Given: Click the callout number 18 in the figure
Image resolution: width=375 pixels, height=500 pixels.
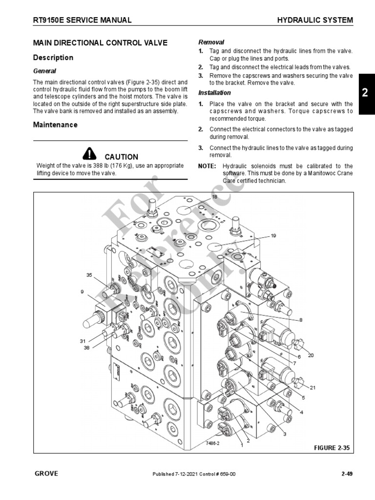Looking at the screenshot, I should (214, 196).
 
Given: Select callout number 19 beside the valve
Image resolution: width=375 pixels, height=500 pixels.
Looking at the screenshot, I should (273, 235).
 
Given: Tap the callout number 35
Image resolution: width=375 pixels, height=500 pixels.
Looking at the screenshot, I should (89, 275).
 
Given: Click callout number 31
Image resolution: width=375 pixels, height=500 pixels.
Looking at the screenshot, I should (83, 341).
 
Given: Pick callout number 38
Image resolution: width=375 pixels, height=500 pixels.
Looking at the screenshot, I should (86, 348).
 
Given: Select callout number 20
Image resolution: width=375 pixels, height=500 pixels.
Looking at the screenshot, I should (311, 355).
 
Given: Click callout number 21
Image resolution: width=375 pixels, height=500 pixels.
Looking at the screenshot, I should (313, 388).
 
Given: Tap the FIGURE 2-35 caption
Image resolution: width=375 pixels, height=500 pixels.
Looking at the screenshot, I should (331, 447).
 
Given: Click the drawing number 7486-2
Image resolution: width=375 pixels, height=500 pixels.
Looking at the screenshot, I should (213, 444).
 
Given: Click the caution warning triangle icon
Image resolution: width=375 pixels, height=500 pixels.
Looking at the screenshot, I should (90, 154).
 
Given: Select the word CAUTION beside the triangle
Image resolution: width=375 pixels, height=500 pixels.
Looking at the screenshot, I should (122, 157).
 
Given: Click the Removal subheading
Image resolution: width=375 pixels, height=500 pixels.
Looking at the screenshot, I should (211, 42).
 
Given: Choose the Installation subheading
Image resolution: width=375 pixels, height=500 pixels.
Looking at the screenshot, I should (214, 93).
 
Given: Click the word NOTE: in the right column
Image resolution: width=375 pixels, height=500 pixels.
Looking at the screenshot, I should (207, 166).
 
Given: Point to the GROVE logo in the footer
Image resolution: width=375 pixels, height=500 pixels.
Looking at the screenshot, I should (46, 473).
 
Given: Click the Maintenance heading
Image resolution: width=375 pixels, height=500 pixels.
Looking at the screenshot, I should (55, 125).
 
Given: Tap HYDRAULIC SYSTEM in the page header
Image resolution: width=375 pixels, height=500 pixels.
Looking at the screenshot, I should (315, 20).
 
